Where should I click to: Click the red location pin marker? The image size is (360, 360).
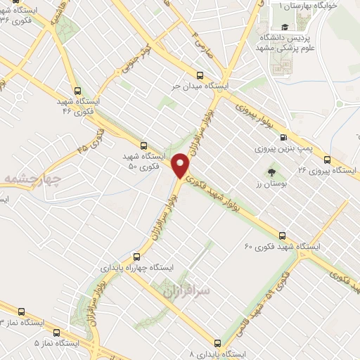(181, 165)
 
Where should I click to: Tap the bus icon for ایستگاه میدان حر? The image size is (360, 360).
(200, 75)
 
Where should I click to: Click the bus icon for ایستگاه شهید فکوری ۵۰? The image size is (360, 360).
(143, 146)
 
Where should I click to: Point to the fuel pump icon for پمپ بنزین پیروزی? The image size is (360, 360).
(283, 138)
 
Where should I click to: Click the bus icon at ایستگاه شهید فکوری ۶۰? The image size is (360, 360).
(283, 236)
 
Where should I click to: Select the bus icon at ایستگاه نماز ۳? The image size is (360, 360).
(20, 311)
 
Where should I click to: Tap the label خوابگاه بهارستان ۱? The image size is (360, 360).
(309, 6)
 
